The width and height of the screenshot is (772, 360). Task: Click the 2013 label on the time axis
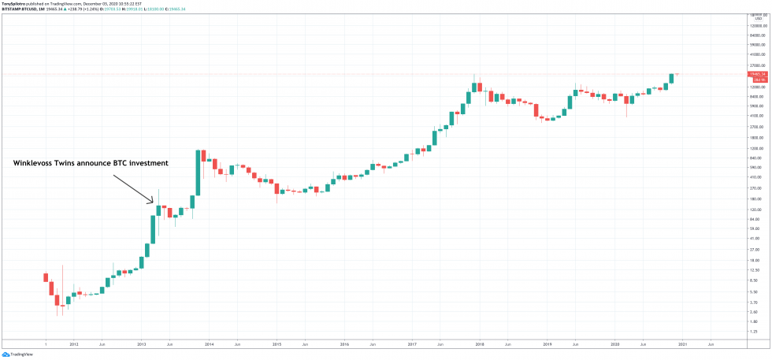pyautogui.click(x=142, y=344)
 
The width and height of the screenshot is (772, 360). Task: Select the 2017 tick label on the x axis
pyautogui.click(x=412, y=344)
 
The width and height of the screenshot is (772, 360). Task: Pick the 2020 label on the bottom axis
pyautogui.click(x=614, y=344)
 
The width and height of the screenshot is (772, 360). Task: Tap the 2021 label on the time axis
pyautogui.click(x=682, y=344)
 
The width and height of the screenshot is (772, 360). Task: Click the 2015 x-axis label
pyautogui.click(x=277, y=344)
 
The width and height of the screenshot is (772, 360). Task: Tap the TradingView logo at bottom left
pyautogui.click(x=21, y=354)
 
